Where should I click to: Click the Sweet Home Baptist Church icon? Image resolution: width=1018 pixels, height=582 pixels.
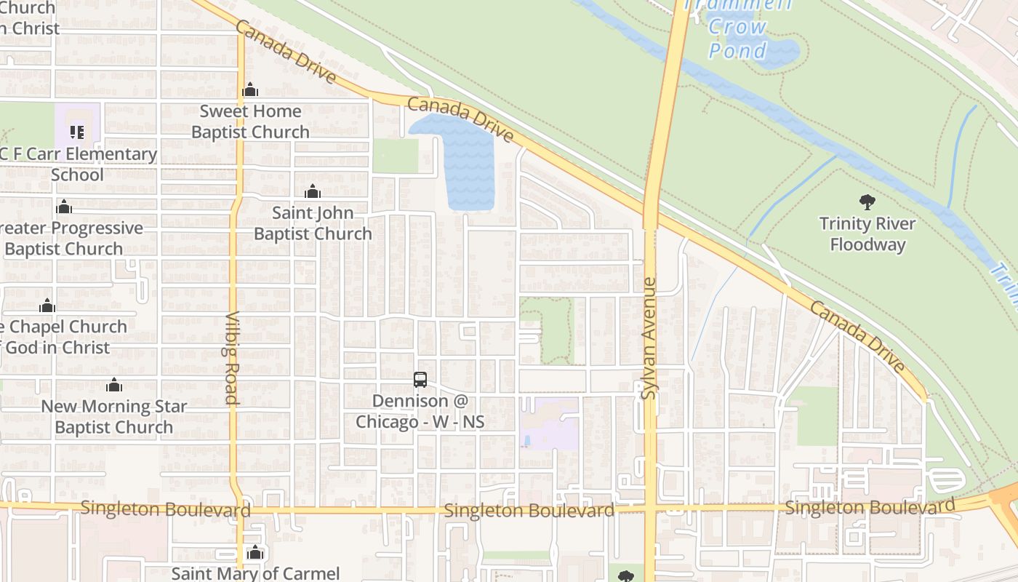coord(250,90)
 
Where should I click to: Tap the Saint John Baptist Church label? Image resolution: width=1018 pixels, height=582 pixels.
coord(313,223)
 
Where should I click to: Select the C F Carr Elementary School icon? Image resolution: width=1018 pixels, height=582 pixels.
coord(77,132)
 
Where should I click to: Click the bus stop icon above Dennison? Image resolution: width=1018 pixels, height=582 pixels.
coord(420,379)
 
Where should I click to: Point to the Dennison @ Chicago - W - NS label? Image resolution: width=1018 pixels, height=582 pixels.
coord(420,411)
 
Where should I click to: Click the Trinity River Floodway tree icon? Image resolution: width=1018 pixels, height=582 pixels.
coord(867,202)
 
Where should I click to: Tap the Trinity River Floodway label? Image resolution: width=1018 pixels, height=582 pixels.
coord(867,234)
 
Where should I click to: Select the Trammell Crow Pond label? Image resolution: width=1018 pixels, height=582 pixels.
coord(738,29)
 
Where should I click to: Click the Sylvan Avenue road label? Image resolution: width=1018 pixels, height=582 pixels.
coord(649,338)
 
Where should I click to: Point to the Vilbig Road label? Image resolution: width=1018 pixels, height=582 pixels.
coord(232,358)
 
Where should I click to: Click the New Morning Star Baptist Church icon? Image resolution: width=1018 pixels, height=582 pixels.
coord(113,385)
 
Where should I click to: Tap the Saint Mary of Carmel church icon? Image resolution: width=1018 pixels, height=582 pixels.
coord(254,553)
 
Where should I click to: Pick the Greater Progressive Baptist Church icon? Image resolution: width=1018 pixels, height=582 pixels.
coord(64,207)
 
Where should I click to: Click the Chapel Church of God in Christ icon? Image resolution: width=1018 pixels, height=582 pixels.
coord(47,306)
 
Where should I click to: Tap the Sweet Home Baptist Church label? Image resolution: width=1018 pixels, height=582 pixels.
coord(250,121)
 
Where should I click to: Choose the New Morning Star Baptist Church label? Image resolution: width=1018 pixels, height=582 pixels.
coord(114,416)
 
